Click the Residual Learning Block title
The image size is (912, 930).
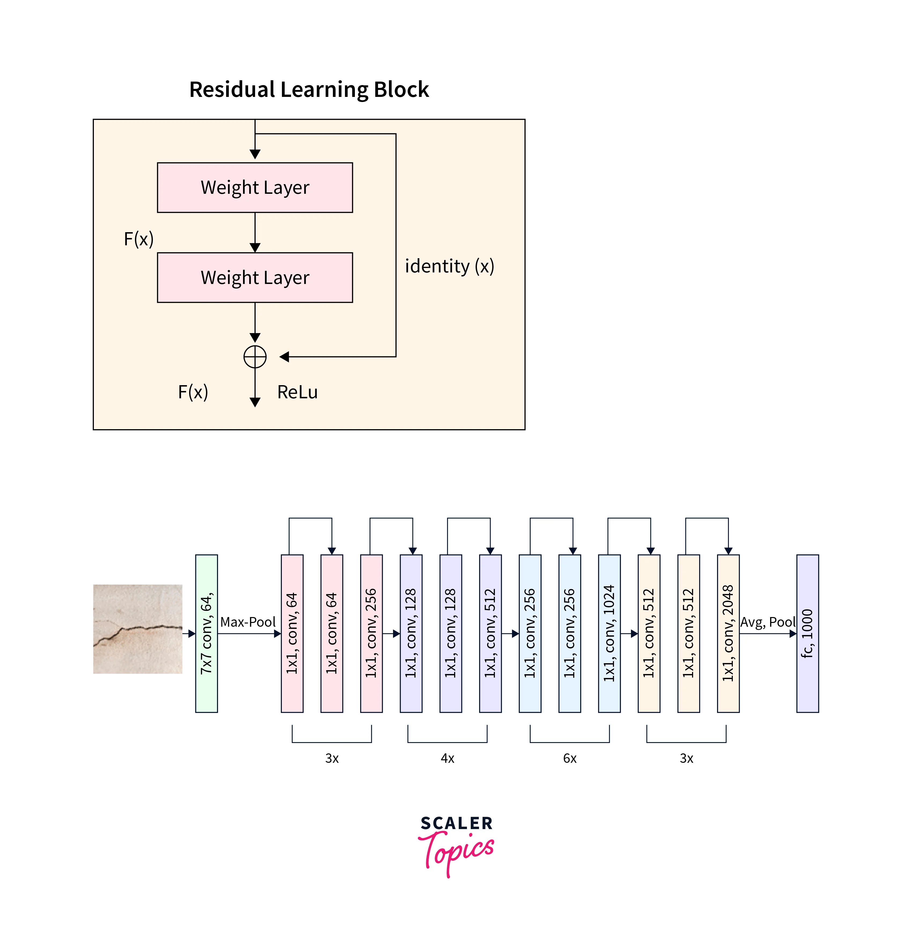pyautogui.click(x=309, y=90)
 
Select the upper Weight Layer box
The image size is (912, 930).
pyautogui.click(x=255, y=187)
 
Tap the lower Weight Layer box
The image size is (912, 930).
pyautogui.click(x=255, y=278)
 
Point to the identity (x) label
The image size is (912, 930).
pyautogui.click(x=449, y=266)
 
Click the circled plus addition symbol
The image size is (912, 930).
pyautogui.click(x=255, y=357)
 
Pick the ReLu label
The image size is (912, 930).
pyautogui.click(x=297, y=392)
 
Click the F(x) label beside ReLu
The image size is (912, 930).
pyautogui.click(x=193, y=392)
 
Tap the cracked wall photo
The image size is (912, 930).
pyautogui.click(x=137, y=629)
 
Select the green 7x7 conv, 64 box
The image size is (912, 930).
pyautogui.click(x=207, y=633)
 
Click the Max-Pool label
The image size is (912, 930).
pyautogui.click(x=248, y=622)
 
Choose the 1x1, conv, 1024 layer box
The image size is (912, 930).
pyautogui.click(x=609, y=633)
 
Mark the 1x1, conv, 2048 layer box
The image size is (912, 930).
pyautogui.click(x=728, y=633)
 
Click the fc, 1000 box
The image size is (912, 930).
pyautogui.click(x=808, y=633)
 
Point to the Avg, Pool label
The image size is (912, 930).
pyautogui.click(x=768, y=622)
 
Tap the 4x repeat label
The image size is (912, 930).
pyautogui.click(x=447, y=758)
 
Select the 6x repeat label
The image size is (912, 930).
pyautogui.click(x=569, y=758)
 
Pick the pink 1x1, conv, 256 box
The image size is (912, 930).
pyautogui.click(x=371, y=633)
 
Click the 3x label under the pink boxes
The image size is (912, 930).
pyautogui.click(x=332, y=758)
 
